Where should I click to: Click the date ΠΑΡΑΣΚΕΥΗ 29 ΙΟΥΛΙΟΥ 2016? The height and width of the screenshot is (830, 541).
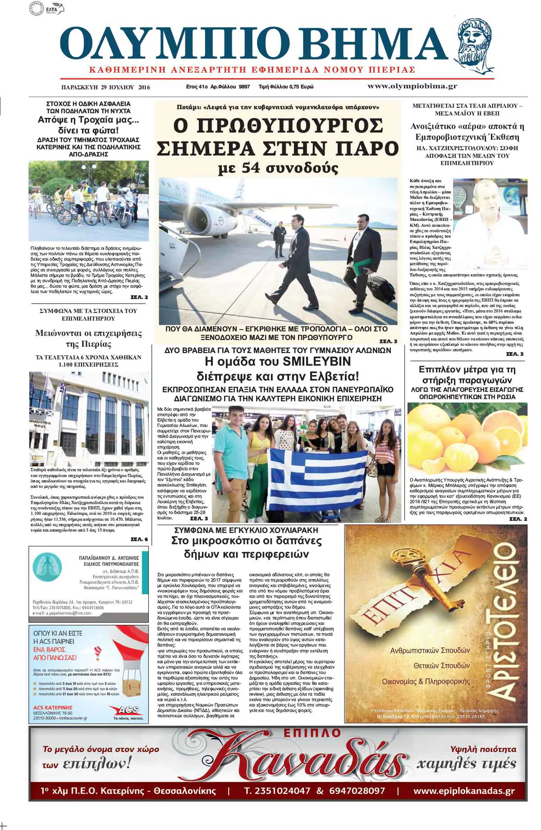click(x=105, y=87)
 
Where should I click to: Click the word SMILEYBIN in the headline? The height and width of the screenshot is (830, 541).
click(x=316, y=361)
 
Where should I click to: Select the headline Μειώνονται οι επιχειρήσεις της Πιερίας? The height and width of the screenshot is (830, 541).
click(x=88, y=339)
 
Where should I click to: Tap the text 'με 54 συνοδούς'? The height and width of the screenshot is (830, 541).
click(x=278, y=168)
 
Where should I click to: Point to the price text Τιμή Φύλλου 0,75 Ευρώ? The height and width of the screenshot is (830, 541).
click(x=286, y=87)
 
